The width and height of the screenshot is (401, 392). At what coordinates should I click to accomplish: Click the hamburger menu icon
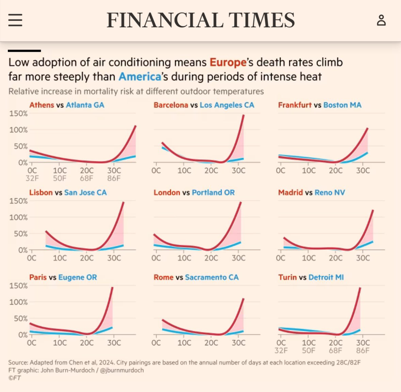tap(15, 20)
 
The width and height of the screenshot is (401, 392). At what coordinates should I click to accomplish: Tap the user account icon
tap(381, 20)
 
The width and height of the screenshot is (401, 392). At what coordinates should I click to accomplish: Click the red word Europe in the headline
tap(228, 63)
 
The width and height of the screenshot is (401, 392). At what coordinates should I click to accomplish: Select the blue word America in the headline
tap(140, 77)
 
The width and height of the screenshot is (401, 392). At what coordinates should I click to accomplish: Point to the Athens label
tap(42, 105)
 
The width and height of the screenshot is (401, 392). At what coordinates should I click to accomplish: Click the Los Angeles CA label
tap(227, 105)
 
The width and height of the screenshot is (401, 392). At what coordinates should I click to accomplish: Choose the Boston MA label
tap(342, 105)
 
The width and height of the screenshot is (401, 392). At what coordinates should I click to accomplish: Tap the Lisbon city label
tap(41, 192)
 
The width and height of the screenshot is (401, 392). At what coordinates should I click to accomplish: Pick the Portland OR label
tap(213, 192)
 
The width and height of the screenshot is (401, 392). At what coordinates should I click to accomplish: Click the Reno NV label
tap(330, 192)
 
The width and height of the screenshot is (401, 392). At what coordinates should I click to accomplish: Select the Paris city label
tap(38, 277)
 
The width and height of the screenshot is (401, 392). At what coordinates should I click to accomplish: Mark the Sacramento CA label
tap(212, 277)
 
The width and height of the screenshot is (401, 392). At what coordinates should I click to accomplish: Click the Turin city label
tap(287, 277)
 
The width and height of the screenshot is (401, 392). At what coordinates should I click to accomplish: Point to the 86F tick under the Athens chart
tap(114, 178)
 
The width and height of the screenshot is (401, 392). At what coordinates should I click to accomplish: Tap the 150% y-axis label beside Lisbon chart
tap(18, 201)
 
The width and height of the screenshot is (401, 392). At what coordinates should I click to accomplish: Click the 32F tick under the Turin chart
tap(281, 350)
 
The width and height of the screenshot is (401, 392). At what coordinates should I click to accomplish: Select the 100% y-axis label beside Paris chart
tap(18, 302)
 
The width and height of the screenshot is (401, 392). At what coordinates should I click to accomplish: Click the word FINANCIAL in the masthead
tap(164, 20)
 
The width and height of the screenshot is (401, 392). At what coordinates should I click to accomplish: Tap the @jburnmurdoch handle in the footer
tap(122, 370)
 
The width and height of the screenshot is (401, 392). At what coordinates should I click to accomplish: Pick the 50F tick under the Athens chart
tap(60, 178)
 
